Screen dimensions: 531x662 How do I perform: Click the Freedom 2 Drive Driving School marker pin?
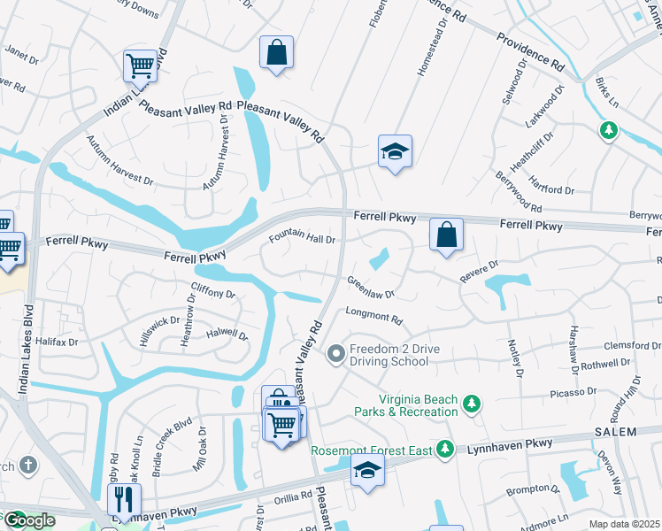pyautogui.click(x=335, y=355)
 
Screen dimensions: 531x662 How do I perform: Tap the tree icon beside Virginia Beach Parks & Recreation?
pyautogui.click(x=473, y=404)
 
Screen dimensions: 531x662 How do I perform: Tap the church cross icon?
pyautogui.click(x=28, y=465)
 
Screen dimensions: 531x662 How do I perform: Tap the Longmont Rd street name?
pyautogui.click(x=373, y=316)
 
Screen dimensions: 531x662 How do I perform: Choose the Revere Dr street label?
pyautogui.click(x=479, y=271)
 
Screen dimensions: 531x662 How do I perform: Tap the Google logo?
pyautogui.click(x=28, y=520)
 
